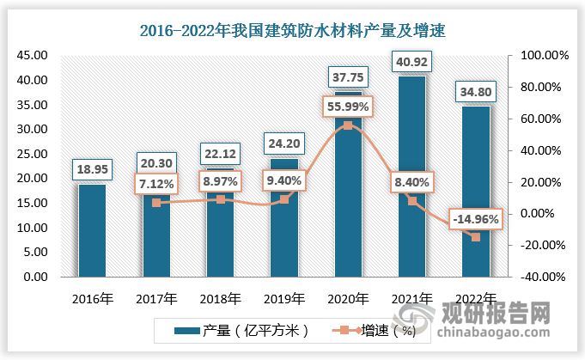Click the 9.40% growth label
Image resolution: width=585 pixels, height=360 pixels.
[x=283, y=180]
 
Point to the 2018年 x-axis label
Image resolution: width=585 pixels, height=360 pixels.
[x=220, y=299]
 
